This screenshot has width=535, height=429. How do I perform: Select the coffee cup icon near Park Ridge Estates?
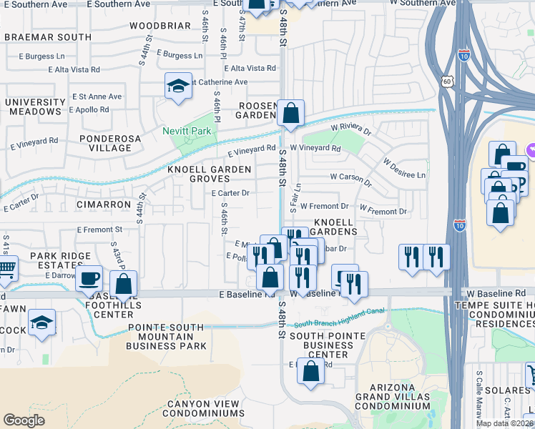coord(89,279)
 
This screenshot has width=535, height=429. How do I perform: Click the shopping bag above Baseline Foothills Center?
coord(124,284)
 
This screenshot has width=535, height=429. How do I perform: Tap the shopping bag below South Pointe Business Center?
coord(310,372)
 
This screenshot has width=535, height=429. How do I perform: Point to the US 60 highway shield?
coord(447,82)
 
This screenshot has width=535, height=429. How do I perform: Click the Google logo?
coord(24,420)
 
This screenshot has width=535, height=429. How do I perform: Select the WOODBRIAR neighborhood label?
coord(160,26)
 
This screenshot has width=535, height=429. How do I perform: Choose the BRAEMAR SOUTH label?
coord(47,36)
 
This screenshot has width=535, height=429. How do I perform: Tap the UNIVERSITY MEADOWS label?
coord(34,107)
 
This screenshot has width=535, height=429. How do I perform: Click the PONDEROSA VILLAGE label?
coord(105,143)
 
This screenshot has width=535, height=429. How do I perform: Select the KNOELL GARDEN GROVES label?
coord(209,174)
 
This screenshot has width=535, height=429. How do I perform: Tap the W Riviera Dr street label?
coord(350,129)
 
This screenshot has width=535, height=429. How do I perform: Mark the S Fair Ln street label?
coord(294,197)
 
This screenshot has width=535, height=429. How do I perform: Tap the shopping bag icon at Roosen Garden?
coord(291,113)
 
